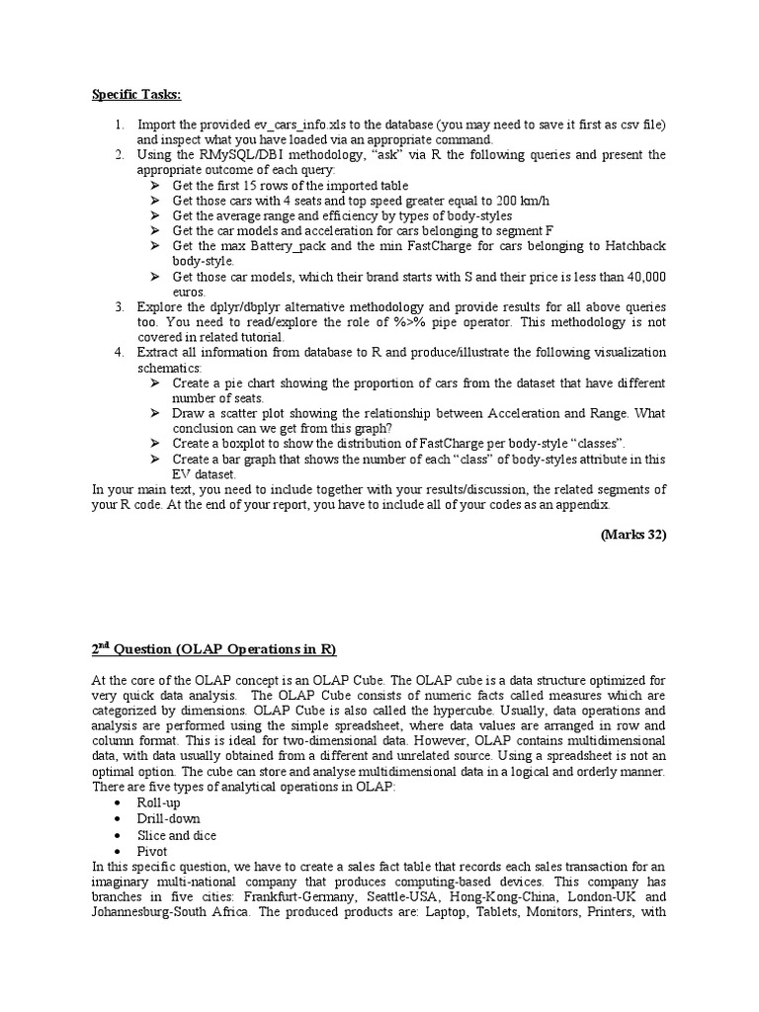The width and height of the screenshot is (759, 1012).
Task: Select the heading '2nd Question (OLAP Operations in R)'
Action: [214, 649]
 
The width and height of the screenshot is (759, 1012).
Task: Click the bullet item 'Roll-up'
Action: [159, 803]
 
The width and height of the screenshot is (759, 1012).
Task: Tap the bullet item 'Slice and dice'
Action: [177, 835]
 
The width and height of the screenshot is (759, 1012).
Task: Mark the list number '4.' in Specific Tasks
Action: [119, 353]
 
